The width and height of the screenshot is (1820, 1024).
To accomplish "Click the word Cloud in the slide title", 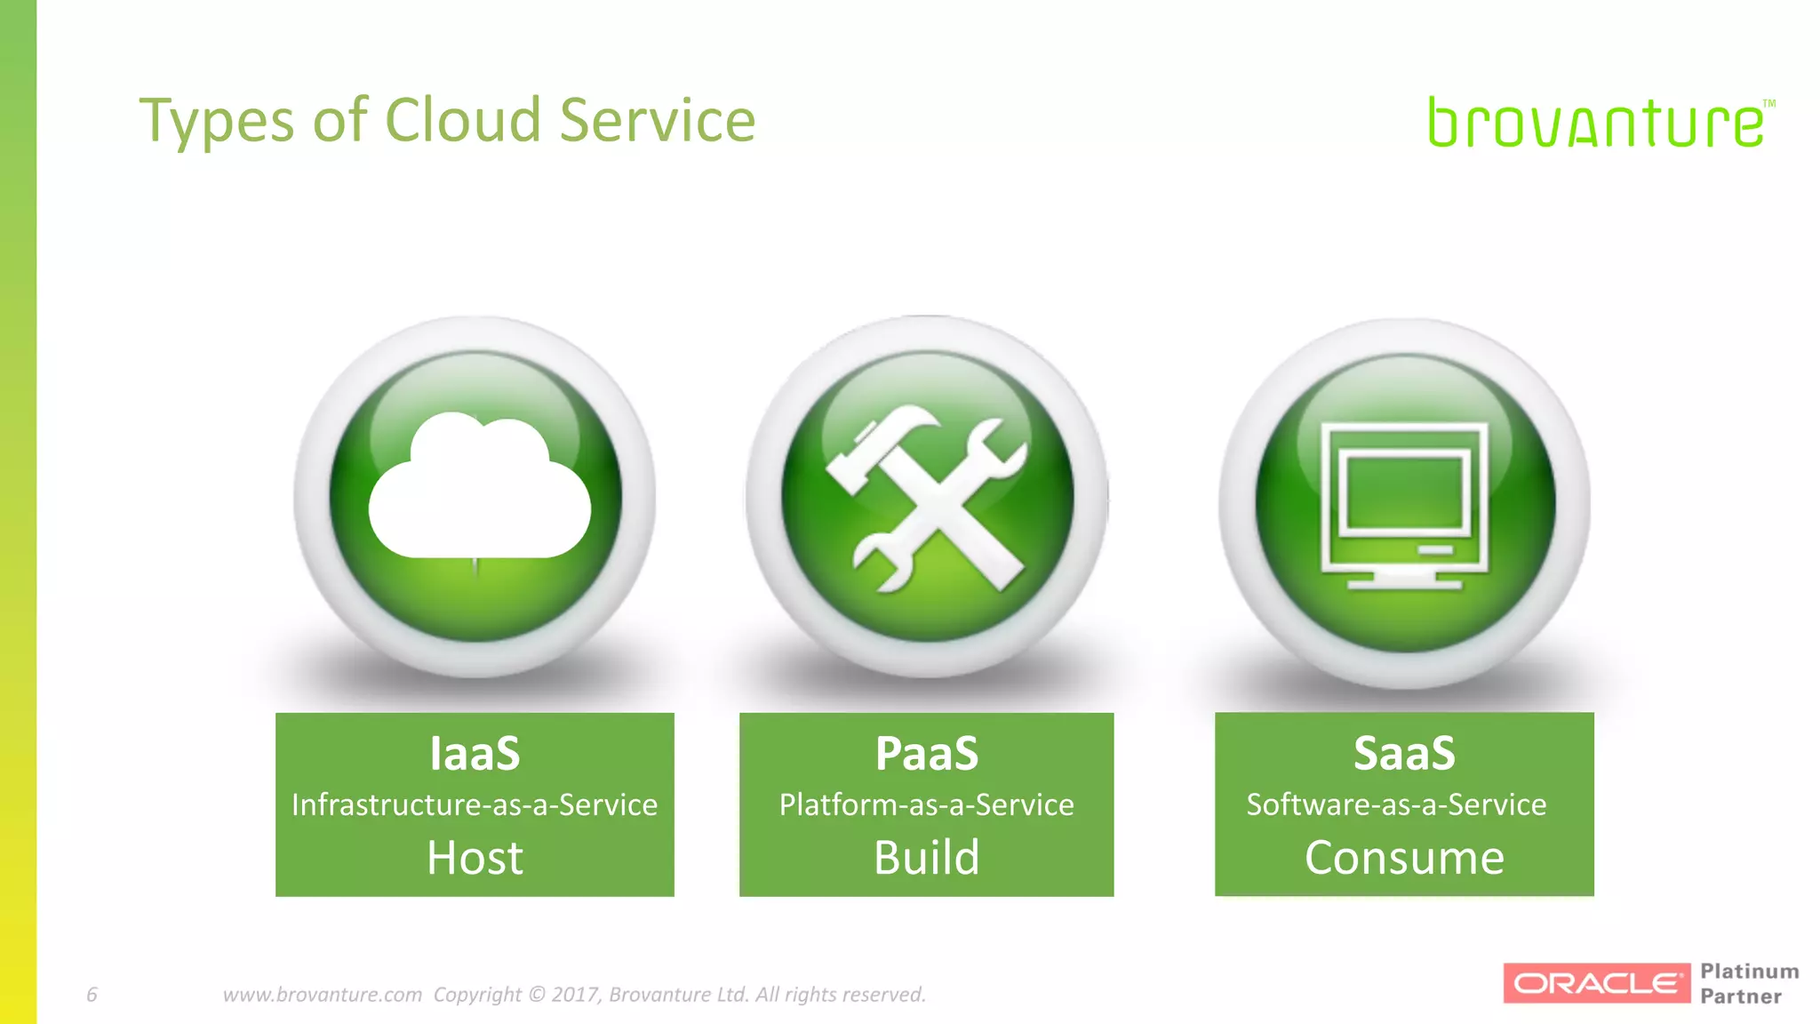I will [462, 120].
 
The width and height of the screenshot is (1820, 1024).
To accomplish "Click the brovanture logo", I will [1598, 123].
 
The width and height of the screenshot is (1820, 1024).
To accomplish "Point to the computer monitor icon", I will [1404, 505].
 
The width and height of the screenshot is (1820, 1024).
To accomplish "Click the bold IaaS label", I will [475, 754].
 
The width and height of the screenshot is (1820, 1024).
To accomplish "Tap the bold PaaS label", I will [926, 754].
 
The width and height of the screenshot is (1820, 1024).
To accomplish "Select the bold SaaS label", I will [1404, 754].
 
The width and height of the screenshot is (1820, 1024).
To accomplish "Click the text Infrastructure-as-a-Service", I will [475, 804].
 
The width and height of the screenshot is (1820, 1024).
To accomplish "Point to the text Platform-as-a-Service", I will [926, 804].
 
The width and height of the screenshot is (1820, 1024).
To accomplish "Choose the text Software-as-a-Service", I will [1396, 804].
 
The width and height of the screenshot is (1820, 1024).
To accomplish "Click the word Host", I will [475, 858].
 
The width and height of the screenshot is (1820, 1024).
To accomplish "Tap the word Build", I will [926, 858].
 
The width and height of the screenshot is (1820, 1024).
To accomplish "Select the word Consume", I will [1404, 858].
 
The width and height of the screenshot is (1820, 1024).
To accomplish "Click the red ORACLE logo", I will [1596, 983].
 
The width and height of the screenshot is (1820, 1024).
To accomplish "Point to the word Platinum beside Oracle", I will [1749, 972].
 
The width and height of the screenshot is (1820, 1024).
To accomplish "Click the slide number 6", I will [92, 994].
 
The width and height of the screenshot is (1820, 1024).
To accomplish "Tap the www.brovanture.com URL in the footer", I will [322, 994].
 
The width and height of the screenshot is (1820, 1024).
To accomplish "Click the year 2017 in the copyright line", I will [575, 994].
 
